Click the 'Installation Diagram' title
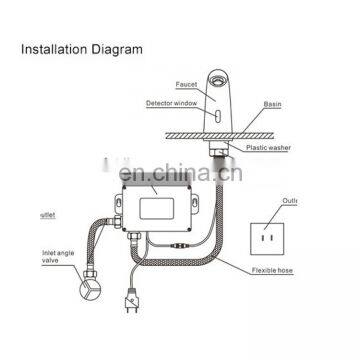pyautogui.click(x=81, y=48)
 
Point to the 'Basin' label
pyautogui.click(x=273, y=103)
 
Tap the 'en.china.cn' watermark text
pyautogui.click(x=180, y=178)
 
